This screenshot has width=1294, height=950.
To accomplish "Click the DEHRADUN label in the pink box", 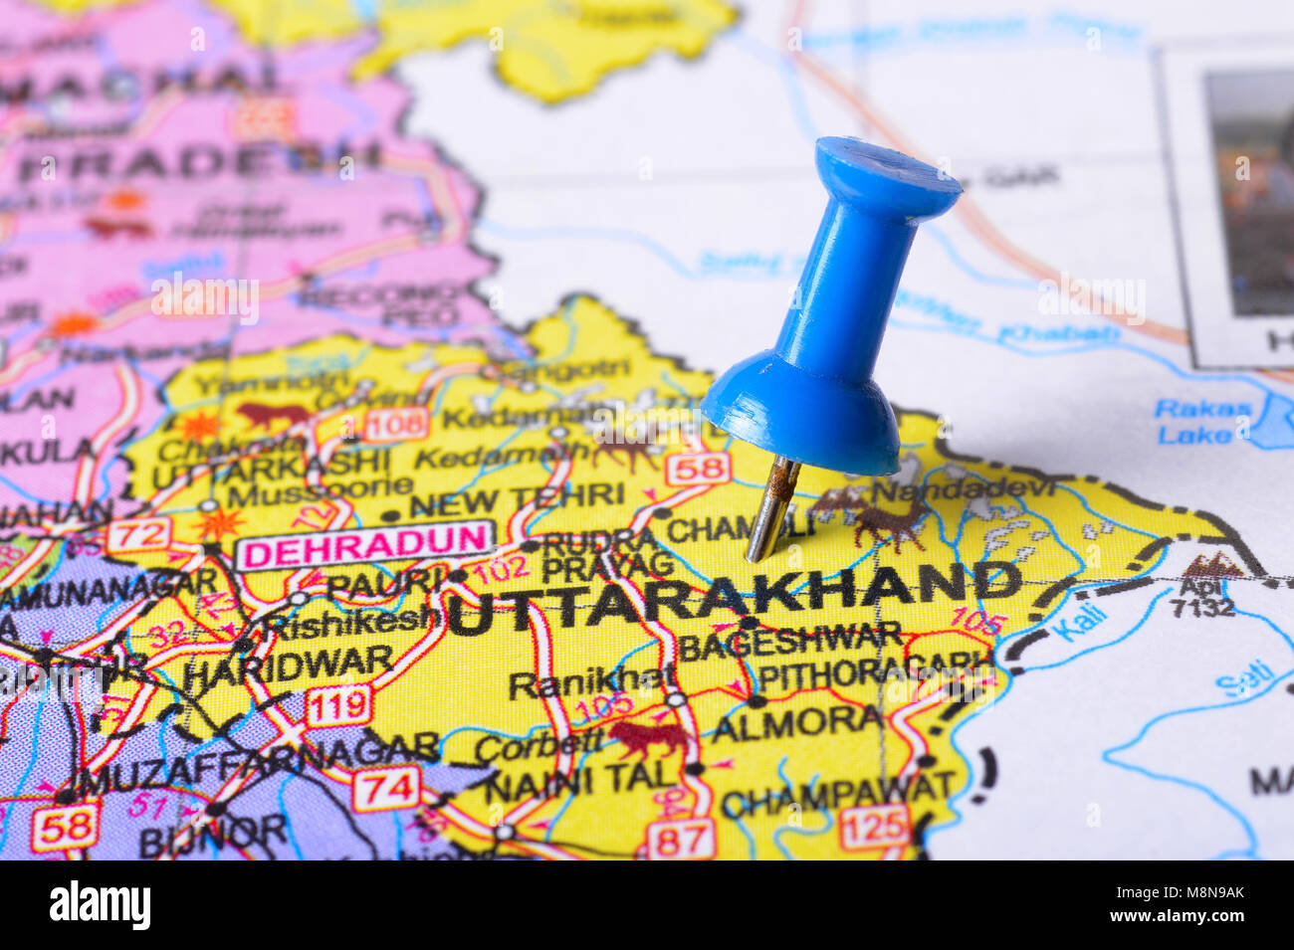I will click(x=364, y=545).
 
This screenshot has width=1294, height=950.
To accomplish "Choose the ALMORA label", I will click(x=796, y=723).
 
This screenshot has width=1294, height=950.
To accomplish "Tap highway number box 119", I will click(x=338, y=706).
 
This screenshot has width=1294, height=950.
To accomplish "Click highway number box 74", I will click(x=385, y=790).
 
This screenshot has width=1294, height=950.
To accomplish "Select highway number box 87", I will click(x=681, y=838).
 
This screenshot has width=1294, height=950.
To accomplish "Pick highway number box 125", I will click(x=873, y=826).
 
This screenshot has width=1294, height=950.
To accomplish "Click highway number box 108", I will click(x=396, y=425).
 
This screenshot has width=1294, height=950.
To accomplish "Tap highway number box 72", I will click(x=138, y=535).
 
